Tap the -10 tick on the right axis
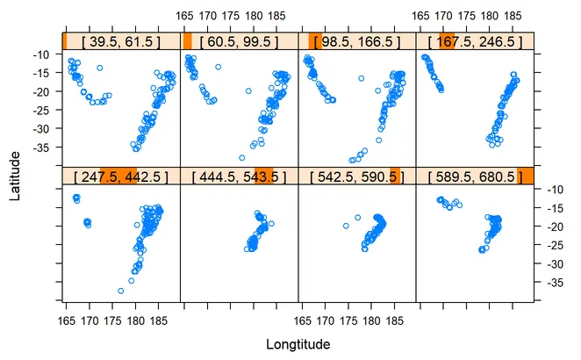coord(552,190)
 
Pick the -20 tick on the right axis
coord(552,227)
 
